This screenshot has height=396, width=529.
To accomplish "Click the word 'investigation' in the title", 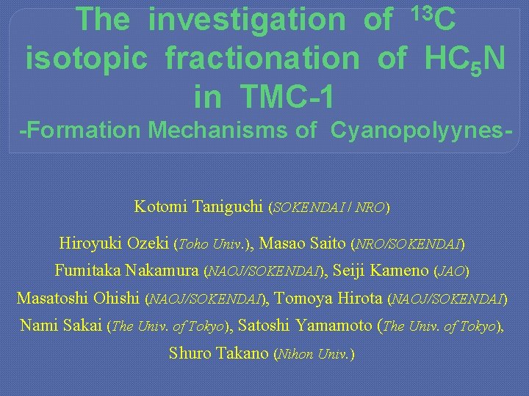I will coord(246,21).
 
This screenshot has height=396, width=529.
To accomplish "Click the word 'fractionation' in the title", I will coord(259,58).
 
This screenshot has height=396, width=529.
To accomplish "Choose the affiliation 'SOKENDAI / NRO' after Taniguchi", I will coord(329,208).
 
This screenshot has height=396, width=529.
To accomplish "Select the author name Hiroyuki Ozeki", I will coord(116,243).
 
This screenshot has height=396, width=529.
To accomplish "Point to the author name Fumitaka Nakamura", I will coord(126,271).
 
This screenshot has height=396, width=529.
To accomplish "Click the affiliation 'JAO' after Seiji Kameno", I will coord(451,271).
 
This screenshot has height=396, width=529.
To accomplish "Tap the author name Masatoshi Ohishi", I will coord(79,298).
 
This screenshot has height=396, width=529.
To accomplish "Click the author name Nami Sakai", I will coord(61,326).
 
